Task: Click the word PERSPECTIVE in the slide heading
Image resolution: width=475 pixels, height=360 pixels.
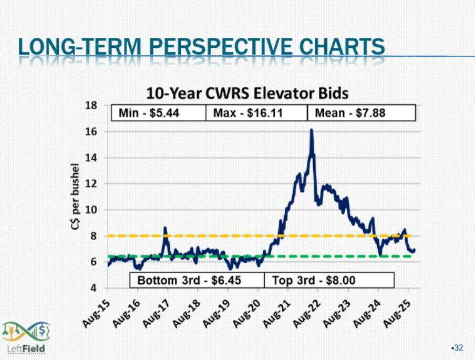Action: [x=220, y=47]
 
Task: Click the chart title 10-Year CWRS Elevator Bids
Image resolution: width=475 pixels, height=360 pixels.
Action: [x=247, y=94]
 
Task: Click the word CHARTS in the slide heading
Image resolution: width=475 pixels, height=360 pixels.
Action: [x=342, y=47]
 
